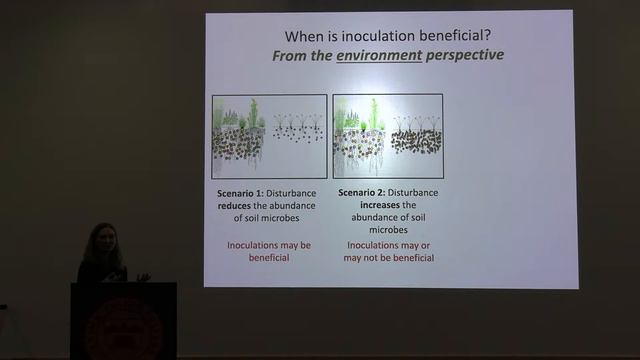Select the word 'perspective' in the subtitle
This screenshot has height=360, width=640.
[464, 54]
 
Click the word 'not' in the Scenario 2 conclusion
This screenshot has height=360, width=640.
[387, 257]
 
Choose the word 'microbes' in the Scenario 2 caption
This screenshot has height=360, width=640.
[388, 231]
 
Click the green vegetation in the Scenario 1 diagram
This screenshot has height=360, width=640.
[244, 117]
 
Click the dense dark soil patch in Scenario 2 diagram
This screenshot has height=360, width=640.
[415, 141]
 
